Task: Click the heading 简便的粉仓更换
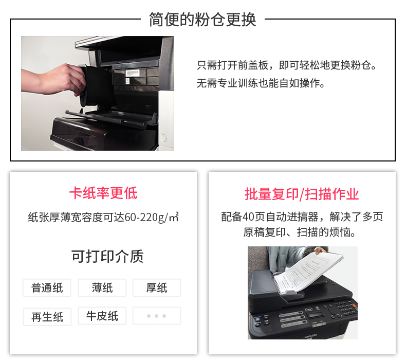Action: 202,20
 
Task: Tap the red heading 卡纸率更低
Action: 103,193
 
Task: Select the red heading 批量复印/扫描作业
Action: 302,194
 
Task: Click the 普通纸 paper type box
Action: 47,287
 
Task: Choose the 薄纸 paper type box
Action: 102,287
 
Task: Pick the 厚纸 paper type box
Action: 157,287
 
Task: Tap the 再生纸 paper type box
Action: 47,317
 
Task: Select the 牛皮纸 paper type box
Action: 102,316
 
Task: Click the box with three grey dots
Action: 157,316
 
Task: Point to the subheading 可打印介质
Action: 107,257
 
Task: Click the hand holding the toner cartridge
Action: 54,80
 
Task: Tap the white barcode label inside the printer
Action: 132,73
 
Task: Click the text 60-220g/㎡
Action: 152,217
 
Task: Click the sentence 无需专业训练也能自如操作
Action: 261,83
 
